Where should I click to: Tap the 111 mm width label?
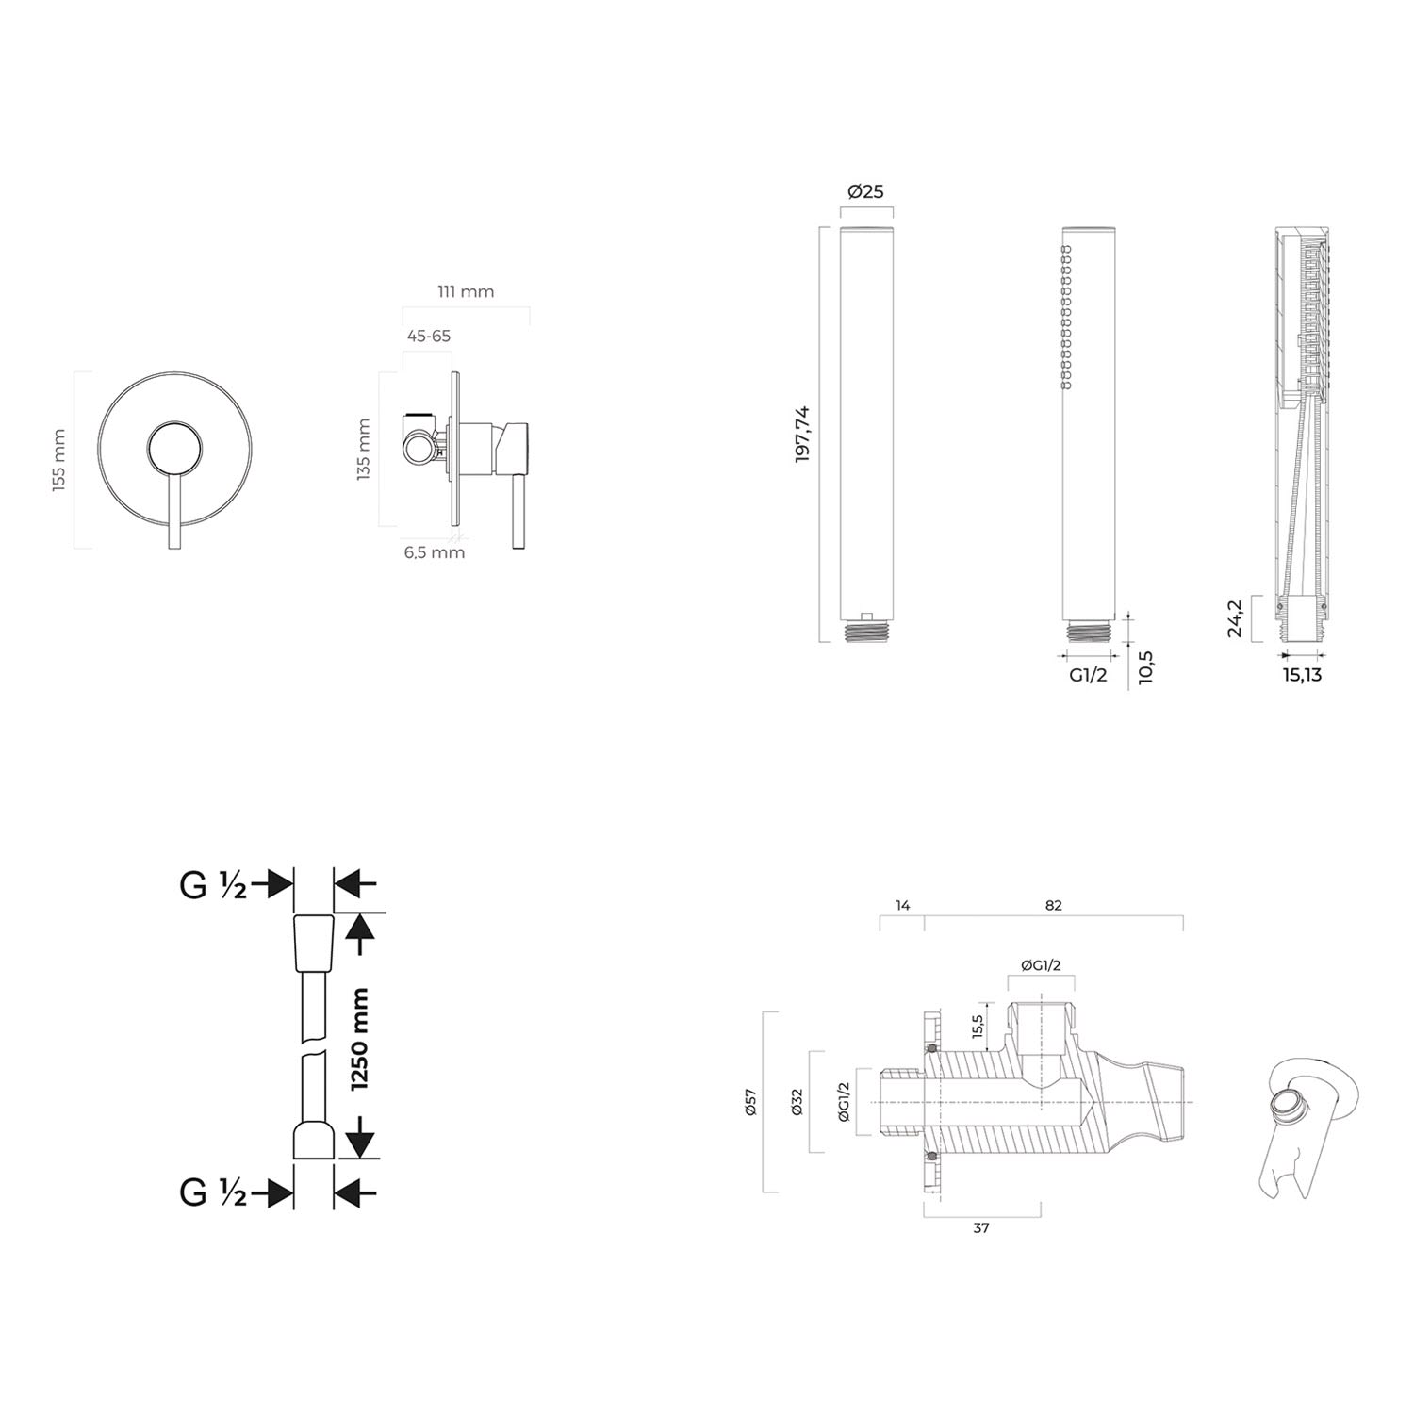point(466,291)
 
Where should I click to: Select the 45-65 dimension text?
point(429,336)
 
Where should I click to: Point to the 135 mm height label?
point(365,449)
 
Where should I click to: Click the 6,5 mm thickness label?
point(435,552)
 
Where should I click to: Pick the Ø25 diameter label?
point(865,191)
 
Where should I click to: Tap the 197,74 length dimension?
point(803,433)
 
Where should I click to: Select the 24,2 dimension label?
point(1235,618)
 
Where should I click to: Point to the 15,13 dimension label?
point(1300,675)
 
